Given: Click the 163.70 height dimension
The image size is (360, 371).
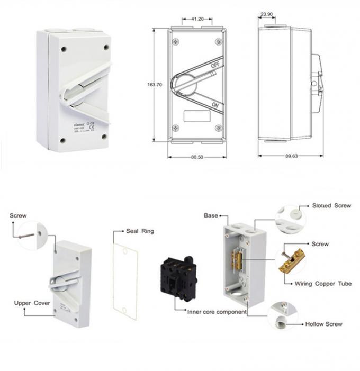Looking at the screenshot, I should pyautogui.click(x=155, y=84).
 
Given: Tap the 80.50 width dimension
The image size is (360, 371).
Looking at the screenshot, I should pyautogui.click(x=196, y=158).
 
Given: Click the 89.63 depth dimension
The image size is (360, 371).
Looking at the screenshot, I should pyautogui.click(x=291, y=157).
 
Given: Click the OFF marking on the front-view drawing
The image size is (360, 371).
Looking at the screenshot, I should pyautogui.click(x=215, y=65).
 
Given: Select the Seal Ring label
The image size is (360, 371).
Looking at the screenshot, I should pyautogui.click(x=139, y=231).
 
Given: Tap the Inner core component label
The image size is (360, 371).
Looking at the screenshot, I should pyautogui.click(x=217, y=312).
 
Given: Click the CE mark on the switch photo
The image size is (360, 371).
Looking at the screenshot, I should pyautogui.click(x=92, y=126).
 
